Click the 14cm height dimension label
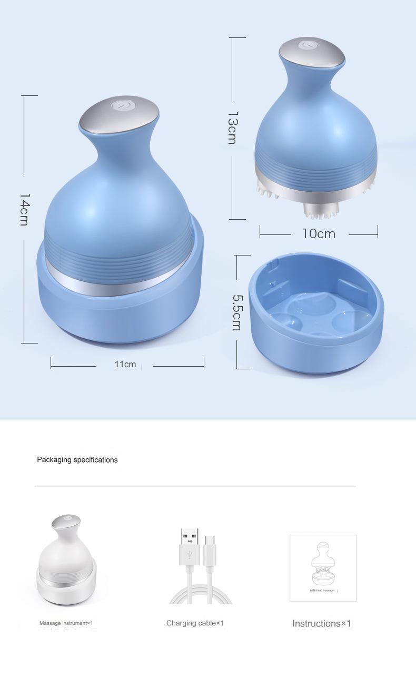(24, 209)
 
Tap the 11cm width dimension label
(125, 364)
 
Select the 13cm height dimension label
(232, 128)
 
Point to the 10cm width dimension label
(319, 233)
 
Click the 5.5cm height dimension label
(236, 312)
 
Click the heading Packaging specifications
(77, 460)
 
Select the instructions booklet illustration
(323, 567)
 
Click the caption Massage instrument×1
(66, 623)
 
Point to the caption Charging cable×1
(195, 623)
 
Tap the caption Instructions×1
(321, 624)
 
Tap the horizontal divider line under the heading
(195, 486)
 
